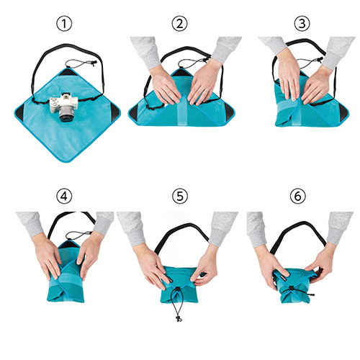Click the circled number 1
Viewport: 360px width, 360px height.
click(x=64, y=24)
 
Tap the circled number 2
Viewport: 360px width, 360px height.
click(x=179, y=24)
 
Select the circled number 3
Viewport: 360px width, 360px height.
click(x=302, y=24)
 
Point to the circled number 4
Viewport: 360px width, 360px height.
click(x=64, y=196)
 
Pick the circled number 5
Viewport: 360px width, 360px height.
click(x=180, y=196)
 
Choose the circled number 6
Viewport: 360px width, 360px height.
click(x=298, y=196)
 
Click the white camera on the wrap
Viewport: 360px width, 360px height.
click(x=64, y=107)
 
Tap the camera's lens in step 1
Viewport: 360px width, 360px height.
click(x=66, y=116)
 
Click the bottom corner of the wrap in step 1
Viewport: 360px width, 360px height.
click(x=67, y=162)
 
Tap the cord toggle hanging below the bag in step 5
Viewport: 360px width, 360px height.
click(x=179, y=318)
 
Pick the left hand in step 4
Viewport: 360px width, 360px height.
click(x=48, y=257)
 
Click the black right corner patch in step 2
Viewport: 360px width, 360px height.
click(x=230, y=112)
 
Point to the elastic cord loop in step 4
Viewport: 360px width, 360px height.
click(x=78, y=235)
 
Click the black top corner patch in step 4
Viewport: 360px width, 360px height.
click(x=69, y=244)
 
